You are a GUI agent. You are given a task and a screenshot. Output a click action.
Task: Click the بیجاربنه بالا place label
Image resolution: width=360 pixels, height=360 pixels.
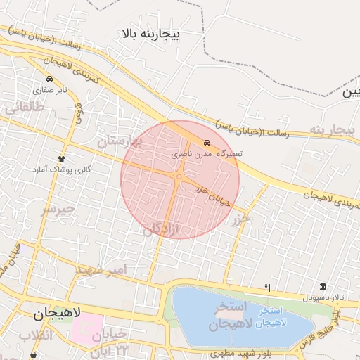point(151,33)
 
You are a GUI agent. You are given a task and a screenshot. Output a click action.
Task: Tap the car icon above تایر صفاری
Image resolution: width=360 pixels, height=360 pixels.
point(49,79)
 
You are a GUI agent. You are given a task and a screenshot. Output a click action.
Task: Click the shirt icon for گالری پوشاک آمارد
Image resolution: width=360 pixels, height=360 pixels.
point(61,159)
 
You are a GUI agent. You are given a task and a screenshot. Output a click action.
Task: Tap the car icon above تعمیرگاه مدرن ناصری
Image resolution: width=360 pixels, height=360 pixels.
point(206,142)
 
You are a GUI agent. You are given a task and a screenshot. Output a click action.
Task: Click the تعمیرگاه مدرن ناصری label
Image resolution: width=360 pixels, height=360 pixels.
point(207,153)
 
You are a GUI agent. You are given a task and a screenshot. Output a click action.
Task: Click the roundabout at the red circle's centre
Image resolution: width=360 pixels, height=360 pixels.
point(180,177)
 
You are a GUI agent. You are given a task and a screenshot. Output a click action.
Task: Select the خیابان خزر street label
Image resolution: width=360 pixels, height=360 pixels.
point(212,196)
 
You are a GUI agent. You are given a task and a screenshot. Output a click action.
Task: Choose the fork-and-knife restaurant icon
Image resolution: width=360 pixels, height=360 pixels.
point(267,287)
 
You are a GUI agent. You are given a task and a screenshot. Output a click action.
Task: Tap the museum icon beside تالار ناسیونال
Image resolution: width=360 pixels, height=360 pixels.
point(322,286)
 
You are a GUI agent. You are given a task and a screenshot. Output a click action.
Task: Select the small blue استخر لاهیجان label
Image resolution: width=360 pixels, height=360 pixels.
point(271,316)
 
